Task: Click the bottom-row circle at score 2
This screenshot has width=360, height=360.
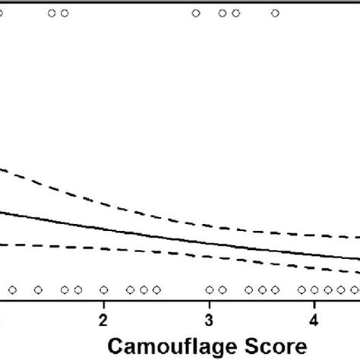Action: coord(104,289)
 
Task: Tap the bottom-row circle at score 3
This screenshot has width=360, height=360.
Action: coord(210,289)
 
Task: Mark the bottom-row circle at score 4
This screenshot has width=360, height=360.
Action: coord(314,289)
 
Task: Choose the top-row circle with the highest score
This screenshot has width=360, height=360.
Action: coord(275,13)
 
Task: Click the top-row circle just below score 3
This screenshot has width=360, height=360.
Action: coord(196,13)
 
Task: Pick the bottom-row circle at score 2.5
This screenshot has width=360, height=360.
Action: coord(156,289)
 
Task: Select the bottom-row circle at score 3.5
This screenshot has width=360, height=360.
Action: coord(262,289)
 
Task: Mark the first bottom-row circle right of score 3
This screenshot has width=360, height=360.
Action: coord(223,289)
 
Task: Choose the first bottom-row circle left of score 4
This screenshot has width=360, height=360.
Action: coord(302,289)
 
